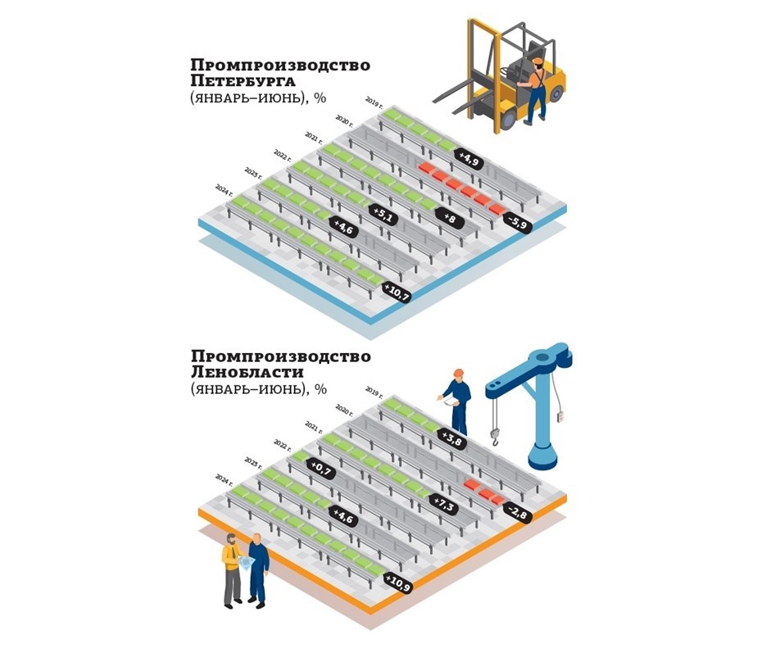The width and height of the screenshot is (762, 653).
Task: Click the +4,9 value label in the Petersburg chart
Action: point(469,157)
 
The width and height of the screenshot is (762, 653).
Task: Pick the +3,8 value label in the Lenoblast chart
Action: point(451,439)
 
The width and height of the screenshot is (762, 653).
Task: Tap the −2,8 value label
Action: point(517,513)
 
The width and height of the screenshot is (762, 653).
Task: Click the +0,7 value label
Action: point(319,467)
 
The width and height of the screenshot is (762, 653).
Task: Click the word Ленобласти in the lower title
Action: point(247,373)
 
